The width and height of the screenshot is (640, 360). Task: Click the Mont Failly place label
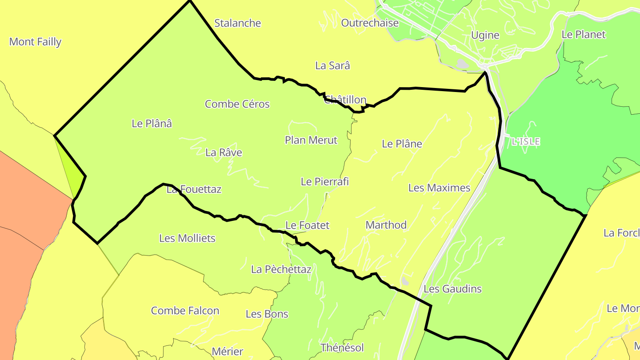pyautogui.click(x=35, y=42)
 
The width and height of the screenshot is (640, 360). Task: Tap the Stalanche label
pyautogui.click(x=237, y=23)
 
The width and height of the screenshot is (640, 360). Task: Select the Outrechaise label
pyautogui.click(x=370, y=23)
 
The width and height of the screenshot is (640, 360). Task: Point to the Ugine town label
pyautogui.click(x=485, y=35)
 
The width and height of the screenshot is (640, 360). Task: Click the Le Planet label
pyautogui.click(x=584, y=34)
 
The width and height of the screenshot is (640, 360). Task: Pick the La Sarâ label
pyautogui.click(x=332, y=65)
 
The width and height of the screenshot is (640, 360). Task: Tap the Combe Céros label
pyautogui.click(x=237, y=104)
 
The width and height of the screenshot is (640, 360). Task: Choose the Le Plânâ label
pyautogui.click(x=152, y=124)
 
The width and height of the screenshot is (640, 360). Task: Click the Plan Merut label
pyautogui.click(x=311, y=140)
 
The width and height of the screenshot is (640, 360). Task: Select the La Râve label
pyautogui.click(x=224, y=152)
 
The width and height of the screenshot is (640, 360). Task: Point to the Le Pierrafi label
pyautogui.click(x=324, y=181)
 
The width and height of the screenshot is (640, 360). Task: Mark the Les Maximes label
pyautogui.click(x=439, y=188)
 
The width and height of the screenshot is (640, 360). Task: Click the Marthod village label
pyautogui.click(x=386, y=225)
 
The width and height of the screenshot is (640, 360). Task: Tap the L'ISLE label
pyautogui.click(x=526, y=142)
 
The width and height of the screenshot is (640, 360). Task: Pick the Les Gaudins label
pyautogui.click(x=452, y=289)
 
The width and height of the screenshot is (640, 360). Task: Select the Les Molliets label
pyautogui.click(x=187, y=238)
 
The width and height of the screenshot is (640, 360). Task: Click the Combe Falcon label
pyautogui.click(x=185, y=311)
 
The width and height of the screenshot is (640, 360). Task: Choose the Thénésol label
pyautogui.click(x=342, y=348)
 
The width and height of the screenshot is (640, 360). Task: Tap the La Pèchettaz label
pyautogui.click(x=281, y=269)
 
